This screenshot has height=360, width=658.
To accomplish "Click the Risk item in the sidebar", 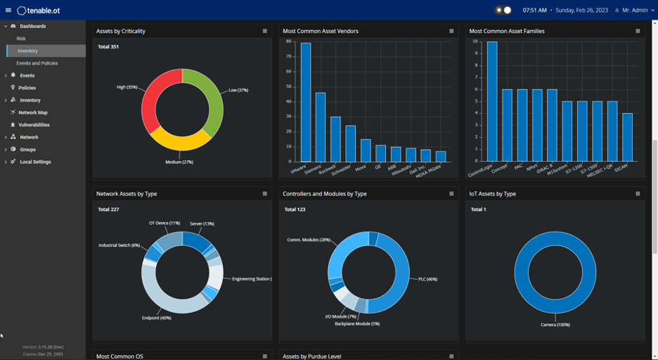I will (x=21, y=39).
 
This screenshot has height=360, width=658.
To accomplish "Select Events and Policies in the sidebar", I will (x=37, y=63).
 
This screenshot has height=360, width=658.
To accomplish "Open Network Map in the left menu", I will (x=32, y=112).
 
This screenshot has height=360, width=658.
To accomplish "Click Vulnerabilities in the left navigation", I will (x=34, y=124).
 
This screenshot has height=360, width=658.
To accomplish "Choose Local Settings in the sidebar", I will (x=35, y=162).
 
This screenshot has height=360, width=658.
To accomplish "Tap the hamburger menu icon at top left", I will (x=8, y=11).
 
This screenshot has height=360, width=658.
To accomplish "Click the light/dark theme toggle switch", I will (x=503, y=11).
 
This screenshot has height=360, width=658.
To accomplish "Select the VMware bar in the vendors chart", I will (x=306, y=103).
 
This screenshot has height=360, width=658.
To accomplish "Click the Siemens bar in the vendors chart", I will (x=321, y=127).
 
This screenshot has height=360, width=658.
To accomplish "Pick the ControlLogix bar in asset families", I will (x=492, y=102).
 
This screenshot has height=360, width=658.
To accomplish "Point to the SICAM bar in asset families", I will (x=627, y=137).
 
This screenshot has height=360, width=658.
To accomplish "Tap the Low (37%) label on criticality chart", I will (x=238, y=90).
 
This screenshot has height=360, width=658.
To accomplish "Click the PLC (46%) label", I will (x=427, y=279).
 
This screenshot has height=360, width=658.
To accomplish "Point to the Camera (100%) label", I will (x=555, y=325).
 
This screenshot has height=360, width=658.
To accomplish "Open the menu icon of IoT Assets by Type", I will (x=638, y=193).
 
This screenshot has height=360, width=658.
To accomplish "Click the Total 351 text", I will (x=108, y=46).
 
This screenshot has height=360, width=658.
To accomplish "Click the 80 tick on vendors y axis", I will (x=288, y=41).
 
